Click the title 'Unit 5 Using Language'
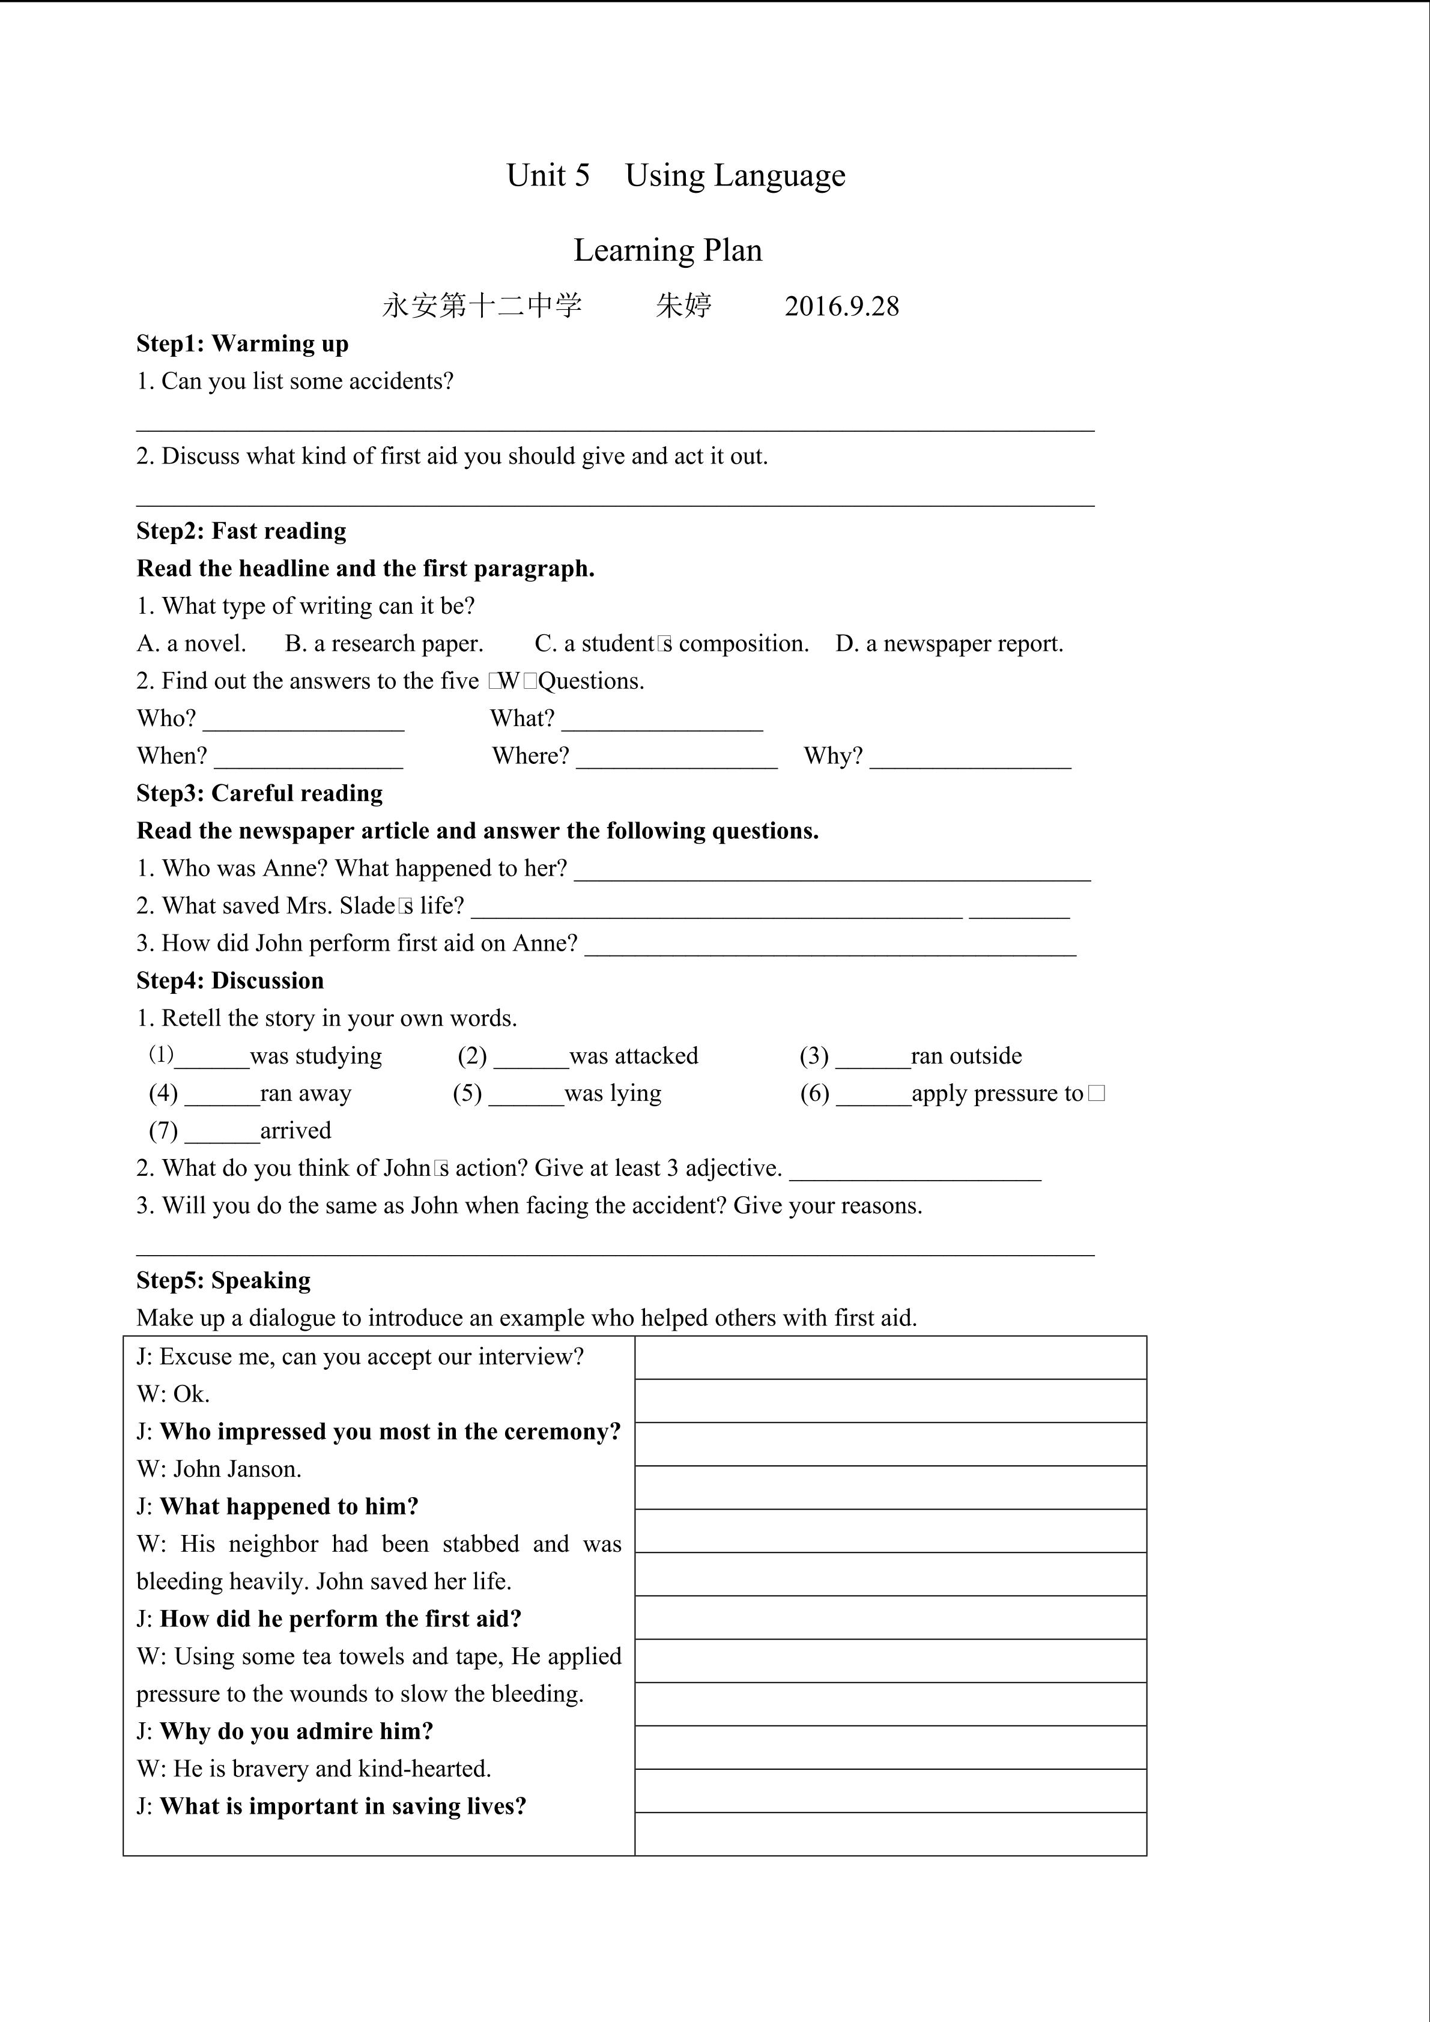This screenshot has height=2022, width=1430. click(x=676, y=175)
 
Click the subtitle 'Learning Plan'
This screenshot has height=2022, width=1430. click(x=667, y=250)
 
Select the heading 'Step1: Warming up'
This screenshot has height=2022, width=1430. click(x=242, y=344)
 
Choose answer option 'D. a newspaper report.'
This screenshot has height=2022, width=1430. click(x=948, y=644)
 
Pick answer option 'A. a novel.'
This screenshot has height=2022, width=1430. click(x=191, y=644)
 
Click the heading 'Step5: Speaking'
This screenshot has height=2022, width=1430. click(x=223, y=1280)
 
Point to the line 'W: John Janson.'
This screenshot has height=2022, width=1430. click(x=219, y=1469)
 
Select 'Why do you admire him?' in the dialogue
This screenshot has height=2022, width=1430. click(x=297, y=1731)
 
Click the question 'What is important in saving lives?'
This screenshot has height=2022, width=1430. click(x=342, y=1806)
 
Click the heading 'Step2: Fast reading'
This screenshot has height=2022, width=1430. click(x=241, y=531)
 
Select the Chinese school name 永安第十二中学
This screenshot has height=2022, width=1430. click(x=482, y=306)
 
